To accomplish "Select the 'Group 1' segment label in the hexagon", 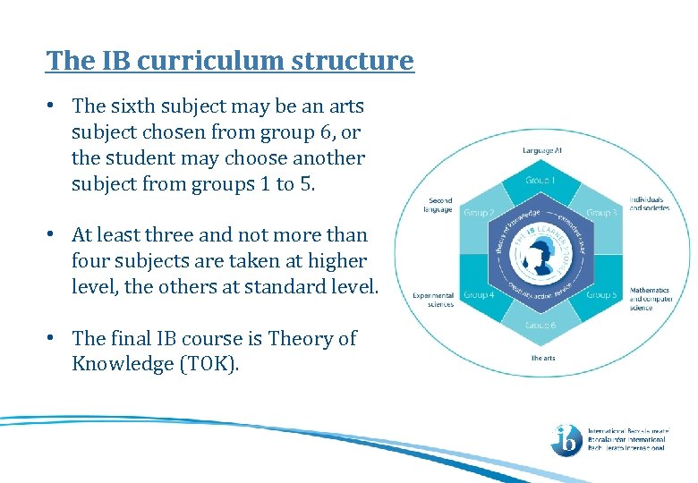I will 541,179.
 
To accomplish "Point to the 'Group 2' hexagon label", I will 478,213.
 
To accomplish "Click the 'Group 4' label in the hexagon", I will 478,294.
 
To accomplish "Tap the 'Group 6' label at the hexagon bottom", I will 541,325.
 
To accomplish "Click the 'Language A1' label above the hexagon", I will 541,150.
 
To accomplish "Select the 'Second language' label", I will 440,205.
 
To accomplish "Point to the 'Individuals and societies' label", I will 649,203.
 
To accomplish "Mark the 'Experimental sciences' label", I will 433,300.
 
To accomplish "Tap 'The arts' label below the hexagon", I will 543,359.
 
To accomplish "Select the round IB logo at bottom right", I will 566,438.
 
